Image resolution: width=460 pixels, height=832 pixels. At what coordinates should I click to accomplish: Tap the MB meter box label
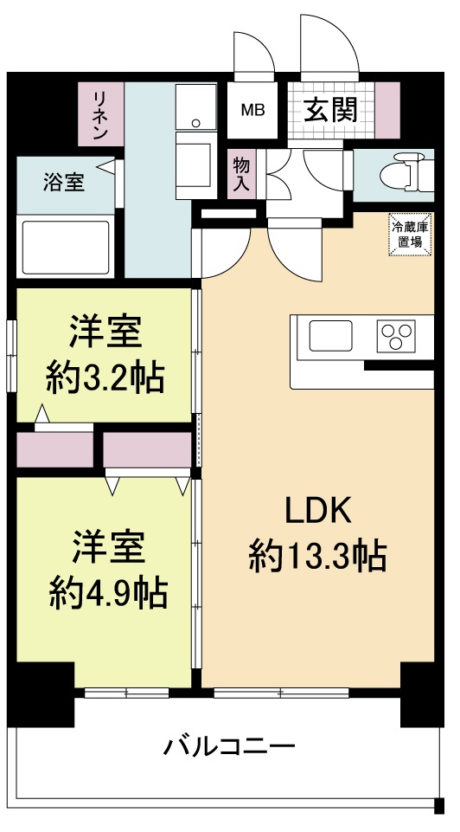252,110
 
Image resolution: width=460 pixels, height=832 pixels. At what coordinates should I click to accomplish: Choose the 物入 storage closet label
242,173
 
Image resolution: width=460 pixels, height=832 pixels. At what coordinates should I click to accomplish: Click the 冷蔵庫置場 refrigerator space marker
408,235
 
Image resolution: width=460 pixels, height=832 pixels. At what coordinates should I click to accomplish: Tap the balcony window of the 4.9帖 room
126,693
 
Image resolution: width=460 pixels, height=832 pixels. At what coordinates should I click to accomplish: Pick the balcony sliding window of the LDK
281,693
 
